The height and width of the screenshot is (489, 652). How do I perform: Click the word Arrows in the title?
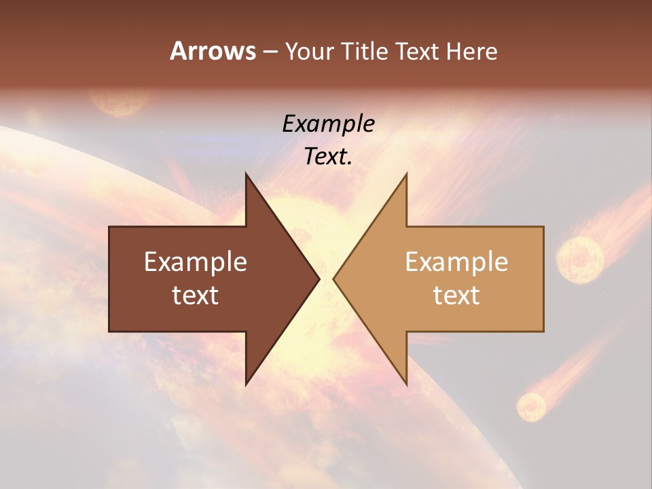point(213,51)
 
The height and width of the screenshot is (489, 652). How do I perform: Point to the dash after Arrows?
point(270,52)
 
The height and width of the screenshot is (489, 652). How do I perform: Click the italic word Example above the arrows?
point(328,124)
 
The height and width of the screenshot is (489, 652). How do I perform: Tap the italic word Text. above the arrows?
point(328,157)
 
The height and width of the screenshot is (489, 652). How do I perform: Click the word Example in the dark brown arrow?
point(195,262)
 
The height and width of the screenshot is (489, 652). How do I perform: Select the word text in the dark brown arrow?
point(195,295)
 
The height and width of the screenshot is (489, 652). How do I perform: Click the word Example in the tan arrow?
point(456,262)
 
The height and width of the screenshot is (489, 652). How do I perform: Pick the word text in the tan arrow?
point(456,295)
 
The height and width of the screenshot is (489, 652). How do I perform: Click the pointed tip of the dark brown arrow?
point(319,278)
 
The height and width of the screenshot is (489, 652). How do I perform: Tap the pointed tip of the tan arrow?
point(333,278)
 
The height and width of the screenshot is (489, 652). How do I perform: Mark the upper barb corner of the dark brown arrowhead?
point(247,174)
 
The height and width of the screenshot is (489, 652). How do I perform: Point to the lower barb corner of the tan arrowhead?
point(406,385)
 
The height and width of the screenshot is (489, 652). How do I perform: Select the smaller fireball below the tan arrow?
point(531,406)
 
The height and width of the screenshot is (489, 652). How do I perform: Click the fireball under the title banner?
point(121,102)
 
